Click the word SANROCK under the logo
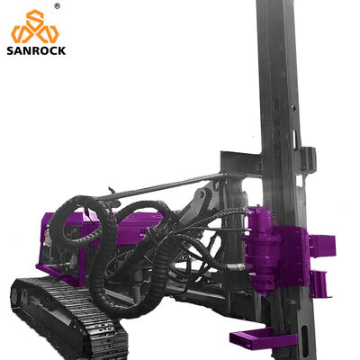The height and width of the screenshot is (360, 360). click(x=36, y=50)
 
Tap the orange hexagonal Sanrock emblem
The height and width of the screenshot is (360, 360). click(x=35, y=26)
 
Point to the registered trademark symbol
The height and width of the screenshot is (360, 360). click(x=57, y=6)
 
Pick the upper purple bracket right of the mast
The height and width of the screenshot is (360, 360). click(x=323, y=246)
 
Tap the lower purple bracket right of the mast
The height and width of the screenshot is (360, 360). click(x=321, y=283)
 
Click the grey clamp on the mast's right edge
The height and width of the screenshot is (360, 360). click(x=308, y=159)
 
